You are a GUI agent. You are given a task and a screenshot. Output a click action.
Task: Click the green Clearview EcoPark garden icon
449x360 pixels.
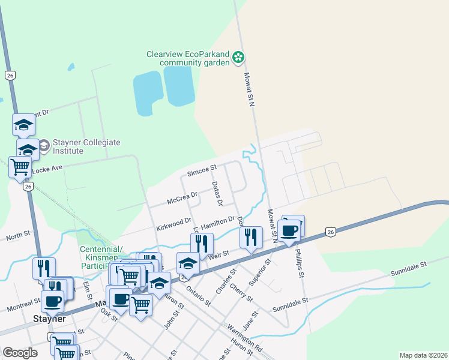239,58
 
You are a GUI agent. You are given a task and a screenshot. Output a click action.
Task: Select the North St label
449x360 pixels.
17,237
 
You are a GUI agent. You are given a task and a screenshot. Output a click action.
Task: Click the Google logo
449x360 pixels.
20,353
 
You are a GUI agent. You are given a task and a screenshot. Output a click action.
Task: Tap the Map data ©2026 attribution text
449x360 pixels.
423,355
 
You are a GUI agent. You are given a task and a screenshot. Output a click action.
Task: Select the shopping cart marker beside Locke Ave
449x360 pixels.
20,167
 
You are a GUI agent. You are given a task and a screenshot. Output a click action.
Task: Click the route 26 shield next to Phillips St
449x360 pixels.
330,232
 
